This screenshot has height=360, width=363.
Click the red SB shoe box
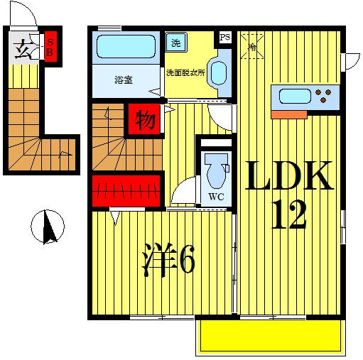click(x=51, y=46)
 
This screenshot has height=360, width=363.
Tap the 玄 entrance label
click(x=22, y=50)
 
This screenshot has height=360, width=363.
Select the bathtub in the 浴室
click(x=126, y=47)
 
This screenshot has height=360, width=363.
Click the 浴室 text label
click(x=124, y=80)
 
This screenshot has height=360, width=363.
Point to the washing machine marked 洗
click(x=176, y=43)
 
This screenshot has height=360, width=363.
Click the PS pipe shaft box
click(x=225, y=37)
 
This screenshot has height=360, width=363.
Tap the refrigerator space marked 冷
click(x=252, y=47)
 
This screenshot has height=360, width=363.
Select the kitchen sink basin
click(x=295, y=97)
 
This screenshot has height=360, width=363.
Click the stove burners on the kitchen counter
click(x=323, y=96)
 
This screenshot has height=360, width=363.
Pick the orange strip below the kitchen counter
click(x=289, y=114)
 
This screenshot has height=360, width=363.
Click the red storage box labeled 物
click(x=144, y=119)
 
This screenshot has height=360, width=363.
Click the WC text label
click(x=216, y=197)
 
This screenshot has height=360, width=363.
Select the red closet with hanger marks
click(x=126, y=191)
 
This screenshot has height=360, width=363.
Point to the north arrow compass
click(x=48, y=227)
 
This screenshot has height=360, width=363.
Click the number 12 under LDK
click(x=289, y=214)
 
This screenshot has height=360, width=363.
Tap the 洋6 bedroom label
click(x=168, y=260)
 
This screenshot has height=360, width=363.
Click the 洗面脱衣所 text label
click(x=185, y=72)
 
